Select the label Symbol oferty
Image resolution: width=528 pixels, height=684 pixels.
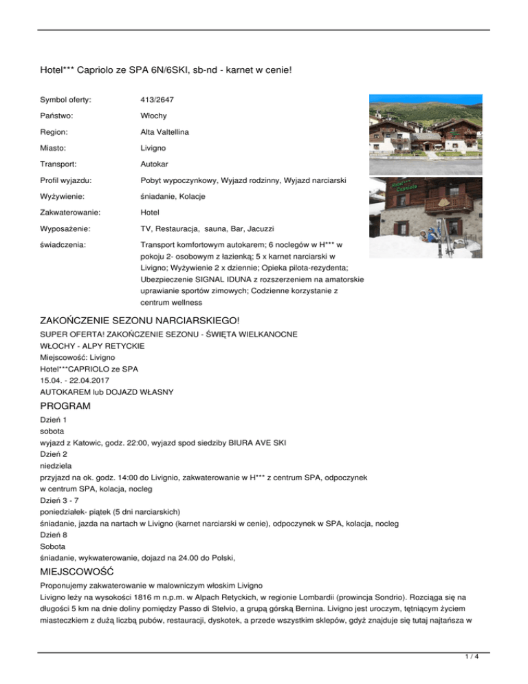(x=67, y=100)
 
